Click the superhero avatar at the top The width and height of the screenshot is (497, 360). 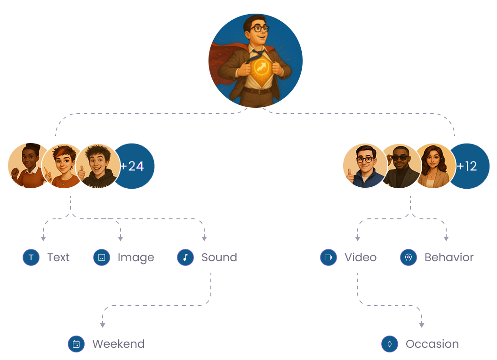pos(256,60)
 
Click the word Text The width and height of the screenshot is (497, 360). pos(58,257)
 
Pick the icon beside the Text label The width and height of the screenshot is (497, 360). pos(31,257)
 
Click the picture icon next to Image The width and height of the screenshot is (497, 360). pos(102,257)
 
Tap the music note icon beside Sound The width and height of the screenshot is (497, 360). pos(185,257)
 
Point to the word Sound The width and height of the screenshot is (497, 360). pos(219,257)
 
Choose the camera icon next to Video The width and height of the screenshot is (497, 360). pos(329,257)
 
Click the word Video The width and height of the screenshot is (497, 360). pos(361,257)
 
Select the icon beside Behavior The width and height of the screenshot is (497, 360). pos(409,257)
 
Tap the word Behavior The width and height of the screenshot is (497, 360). pos(449,257)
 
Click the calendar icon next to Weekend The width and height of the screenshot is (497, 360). pos(76,344)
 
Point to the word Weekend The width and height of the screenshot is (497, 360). pos(118,344)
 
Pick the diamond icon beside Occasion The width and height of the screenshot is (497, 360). pos(390,344)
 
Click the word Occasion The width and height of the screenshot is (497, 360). pos(432,344)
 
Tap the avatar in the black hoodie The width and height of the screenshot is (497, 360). pos(97,167)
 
